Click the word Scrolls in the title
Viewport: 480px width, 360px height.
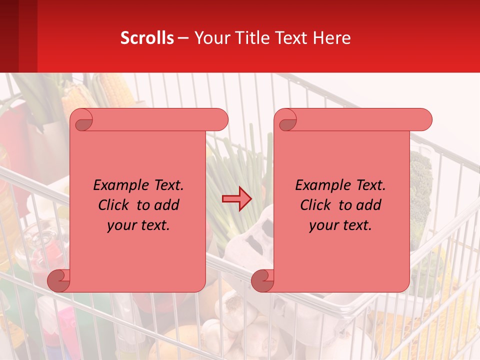click(x=147, y=38)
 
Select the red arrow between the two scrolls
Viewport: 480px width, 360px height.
click(x=237, y=198)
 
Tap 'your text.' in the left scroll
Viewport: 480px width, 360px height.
click(x=138, y=225)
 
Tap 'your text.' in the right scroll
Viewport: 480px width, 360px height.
click(x=340, y=225)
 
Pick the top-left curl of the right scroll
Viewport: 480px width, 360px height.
click(x=287, y=120)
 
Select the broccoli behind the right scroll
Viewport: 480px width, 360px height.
click(x=421, y=190)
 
